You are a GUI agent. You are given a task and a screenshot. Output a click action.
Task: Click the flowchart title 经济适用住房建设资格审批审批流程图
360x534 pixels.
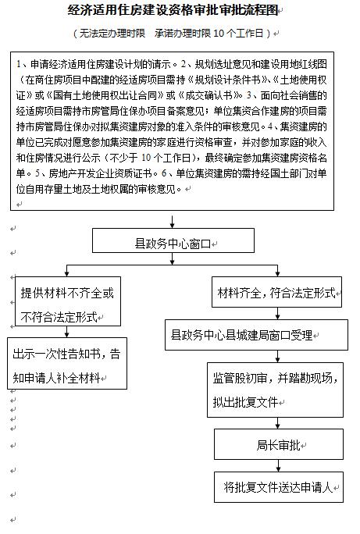point(173,11)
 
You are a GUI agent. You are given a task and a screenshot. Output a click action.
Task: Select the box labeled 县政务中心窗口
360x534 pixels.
point(173,240)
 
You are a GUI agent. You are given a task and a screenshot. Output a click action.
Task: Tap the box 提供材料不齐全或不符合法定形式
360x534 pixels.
point(68,301)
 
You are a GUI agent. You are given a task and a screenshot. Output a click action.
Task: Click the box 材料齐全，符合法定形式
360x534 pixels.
point(276,292)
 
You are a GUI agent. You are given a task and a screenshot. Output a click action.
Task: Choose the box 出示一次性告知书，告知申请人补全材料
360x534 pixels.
point(67,363)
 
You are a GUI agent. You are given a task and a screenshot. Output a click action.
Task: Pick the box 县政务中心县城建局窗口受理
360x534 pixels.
point(256,335)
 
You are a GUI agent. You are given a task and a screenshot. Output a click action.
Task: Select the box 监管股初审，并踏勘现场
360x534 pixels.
point(275,390)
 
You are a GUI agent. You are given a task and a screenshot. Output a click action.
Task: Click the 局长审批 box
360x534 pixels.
point(279,444)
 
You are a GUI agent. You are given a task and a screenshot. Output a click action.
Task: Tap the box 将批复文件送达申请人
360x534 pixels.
point(279,487)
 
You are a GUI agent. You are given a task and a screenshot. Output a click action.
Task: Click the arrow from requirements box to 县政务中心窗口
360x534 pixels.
point(173,222)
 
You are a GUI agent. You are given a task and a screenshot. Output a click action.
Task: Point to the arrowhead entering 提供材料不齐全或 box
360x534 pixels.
point(66,273)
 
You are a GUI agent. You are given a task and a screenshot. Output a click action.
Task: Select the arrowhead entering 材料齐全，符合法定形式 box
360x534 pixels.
point(277,273)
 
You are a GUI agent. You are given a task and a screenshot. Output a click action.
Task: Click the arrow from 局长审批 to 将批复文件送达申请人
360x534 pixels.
point(279,465)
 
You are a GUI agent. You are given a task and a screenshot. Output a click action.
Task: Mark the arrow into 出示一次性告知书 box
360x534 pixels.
point(66,332)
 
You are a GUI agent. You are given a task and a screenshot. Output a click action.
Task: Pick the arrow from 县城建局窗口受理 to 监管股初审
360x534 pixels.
point(277,356)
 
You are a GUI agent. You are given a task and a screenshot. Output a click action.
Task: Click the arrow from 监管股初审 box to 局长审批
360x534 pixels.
point(277,423)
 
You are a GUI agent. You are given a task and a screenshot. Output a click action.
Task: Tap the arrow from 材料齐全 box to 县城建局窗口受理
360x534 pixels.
point(277,313)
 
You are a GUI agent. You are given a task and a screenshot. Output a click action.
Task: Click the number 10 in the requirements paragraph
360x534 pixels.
point(146,158)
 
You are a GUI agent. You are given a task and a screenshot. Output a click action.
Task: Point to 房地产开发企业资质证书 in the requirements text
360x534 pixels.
point(100,173)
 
